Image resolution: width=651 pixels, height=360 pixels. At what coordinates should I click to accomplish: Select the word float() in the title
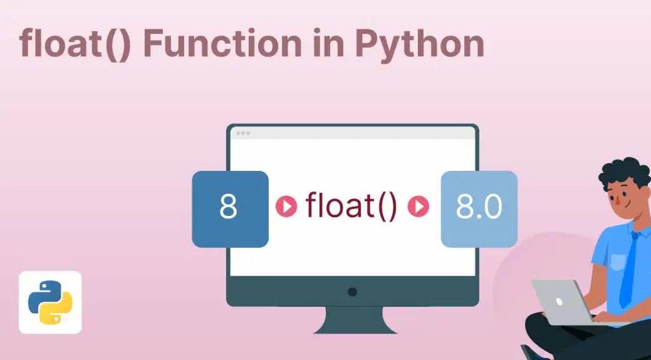tap(75, 44)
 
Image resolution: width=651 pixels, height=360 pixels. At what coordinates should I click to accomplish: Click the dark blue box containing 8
tap(230, 209)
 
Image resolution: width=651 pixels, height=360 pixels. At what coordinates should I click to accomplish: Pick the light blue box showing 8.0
tap(479, 209)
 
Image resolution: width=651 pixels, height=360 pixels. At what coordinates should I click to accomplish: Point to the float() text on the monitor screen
tap(352, 207)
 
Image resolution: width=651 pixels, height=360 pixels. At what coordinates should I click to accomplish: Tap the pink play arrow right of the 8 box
tap(286, 207)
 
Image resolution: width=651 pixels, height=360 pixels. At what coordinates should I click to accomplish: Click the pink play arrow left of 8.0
tap(419, 207)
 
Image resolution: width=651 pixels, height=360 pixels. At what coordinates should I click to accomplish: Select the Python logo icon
tap(50, 302)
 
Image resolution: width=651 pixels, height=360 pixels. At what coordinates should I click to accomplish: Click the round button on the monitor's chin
tap(353, 292)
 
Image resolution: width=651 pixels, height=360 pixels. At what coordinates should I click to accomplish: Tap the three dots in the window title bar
tap(243, 133)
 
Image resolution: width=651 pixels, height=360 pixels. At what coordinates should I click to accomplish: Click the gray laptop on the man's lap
tap(561, 303)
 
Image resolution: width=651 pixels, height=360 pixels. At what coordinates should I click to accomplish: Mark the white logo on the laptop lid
tap(559, 301)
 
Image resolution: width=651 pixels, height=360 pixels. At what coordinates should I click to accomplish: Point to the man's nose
tap(618, 201)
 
